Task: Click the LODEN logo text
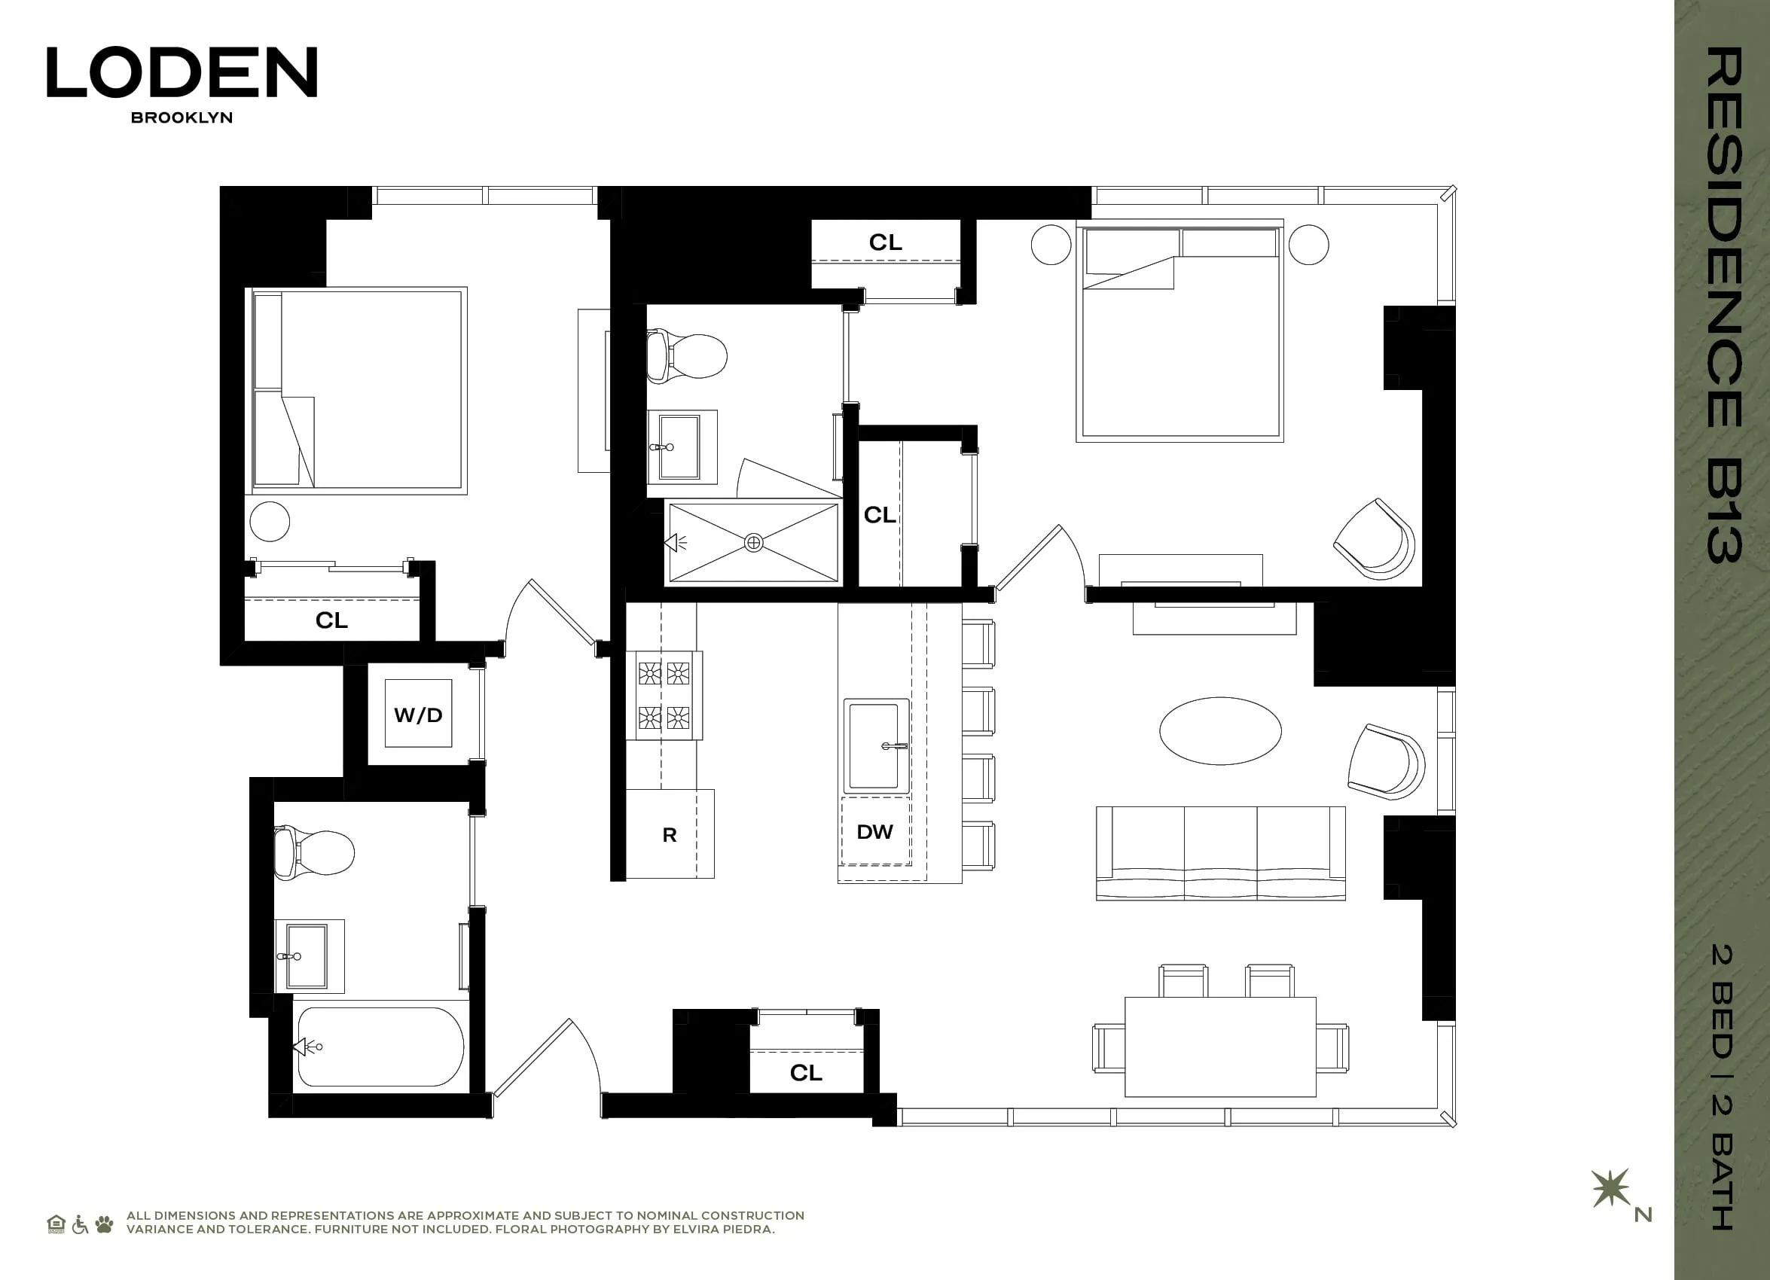click(x=182, y=72)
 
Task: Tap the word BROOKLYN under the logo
click(x=182, y=117)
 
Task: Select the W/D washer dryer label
click(x=418, y=715)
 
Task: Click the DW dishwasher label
click(x=874, y=831)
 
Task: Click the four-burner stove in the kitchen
click(x=664, y=695)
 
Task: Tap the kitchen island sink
click(x=876, y=745)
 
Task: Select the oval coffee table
click(x=1220, y=731)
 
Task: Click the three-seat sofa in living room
click(x=1220, y=852)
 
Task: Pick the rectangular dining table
click(x=1220, y=1046)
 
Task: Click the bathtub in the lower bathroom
click(x=381, y=1047)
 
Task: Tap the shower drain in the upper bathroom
click(x=753, y=542)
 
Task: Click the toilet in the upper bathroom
click(x=687, y=356)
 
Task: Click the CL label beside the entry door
click(x=806, y=1072)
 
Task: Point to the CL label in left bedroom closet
click(x=331, y=620)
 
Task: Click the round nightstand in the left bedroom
click(x=269, y=521)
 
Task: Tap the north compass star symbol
click(x=1610, y=1188)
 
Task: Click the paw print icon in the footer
click(x=104, y=1224)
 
